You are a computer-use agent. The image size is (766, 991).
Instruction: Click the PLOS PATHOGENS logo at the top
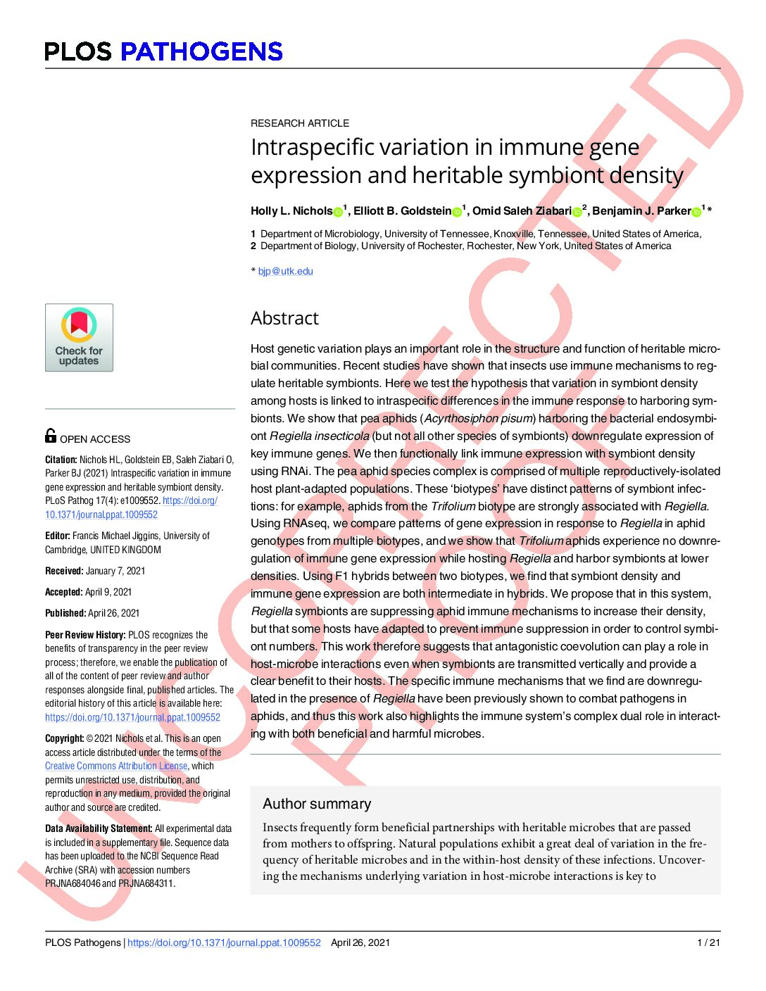pos(163,51)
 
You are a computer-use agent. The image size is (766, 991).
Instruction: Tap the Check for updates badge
pos(79,337)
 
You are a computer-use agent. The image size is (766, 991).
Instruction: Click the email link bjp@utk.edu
pos(285,271)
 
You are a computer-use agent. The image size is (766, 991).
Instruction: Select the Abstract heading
pos(284,318)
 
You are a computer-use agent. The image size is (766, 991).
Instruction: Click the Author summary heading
pos(317,804)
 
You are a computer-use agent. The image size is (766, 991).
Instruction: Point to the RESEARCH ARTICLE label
pos(300,123)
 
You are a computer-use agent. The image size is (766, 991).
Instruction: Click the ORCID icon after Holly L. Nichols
pos(338,211)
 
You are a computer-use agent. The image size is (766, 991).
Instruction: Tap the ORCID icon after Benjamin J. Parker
pos(696,211)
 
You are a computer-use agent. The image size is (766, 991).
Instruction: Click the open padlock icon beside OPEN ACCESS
pos(51,436)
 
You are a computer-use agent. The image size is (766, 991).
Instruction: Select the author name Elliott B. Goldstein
pos(402,211)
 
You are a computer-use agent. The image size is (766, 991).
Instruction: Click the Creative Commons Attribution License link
pos(116,766)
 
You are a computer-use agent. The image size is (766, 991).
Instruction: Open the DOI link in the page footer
pos(224,942)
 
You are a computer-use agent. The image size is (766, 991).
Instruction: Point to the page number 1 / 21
pos(708,942)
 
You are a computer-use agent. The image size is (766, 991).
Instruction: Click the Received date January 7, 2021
pos(115,571)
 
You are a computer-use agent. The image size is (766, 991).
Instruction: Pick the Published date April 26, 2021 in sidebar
pos(113,613)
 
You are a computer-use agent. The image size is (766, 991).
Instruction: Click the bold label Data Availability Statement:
pos(99,828)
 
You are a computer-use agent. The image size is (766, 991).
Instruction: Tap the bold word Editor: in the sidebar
pos(58,536)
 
